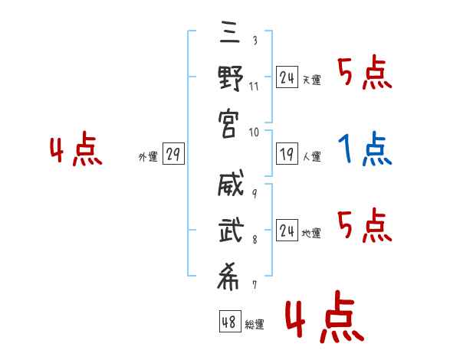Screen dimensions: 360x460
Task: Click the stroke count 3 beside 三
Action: click(255, 38)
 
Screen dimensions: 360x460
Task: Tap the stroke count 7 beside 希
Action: click(255, 286)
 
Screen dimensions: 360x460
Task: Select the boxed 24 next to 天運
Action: click(287, 77)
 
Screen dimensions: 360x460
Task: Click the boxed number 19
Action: click(287, 154)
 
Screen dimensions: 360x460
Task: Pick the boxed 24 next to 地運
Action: click(287, 230)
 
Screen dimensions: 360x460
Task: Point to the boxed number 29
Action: click(172, 155)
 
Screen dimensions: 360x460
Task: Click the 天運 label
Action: click(311, 80)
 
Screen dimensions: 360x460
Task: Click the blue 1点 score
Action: click(365, 149)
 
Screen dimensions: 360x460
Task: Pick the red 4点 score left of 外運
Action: click(76, 150)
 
